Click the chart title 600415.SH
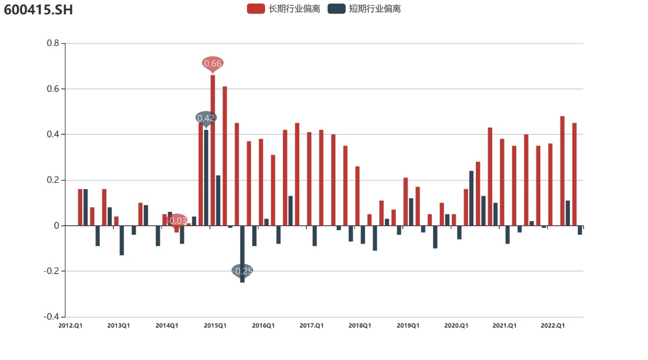[38, 9]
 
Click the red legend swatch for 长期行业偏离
[255, 9]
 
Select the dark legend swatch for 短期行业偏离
[336, 9]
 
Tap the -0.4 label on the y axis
[52, 317]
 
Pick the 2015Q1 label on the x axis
[214, 326]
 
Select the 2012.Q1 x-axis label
[70, 326]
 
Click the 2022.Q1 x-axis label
[553, 326]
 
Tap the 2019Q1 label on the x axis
[407, 326]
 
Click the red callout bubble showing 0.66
[212, 63]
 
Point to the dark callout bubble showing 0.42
[206, 118]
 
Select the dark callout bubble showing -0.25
[242, 271]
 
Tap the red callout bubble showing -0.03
[177, 221]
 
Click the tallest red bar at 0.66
[212, 151]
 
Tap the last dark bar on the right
[580, 230]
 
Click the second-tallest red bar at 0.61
[225, 156]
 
